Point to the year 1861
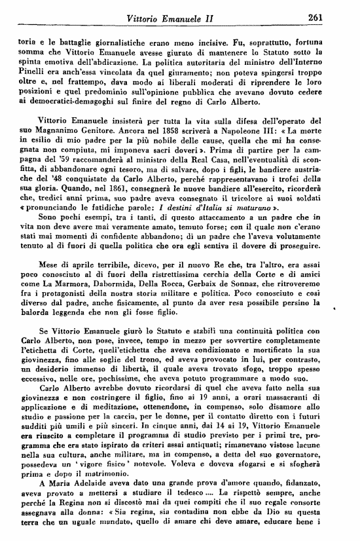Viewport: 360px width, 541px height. (x=102, y=185)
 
